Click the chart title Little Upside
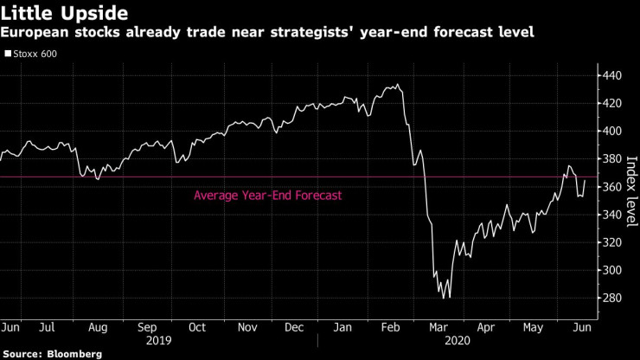[65, 13]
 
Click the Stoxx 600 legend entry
[32, 54]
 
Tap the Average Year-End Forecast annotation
[268, 196]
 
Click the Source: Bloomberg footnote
[52, 354]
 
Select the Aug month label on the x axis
[99, 328]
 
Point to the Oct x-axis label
[196, 328]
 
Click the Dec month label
[295, 328]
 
